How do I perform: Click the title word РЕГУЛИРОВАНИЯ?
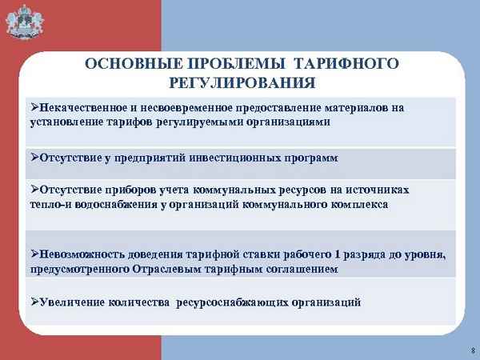point(243,82)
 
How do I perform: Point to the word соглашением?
point(302,270)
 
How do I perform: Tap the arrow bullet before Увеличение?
point(34,303)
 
